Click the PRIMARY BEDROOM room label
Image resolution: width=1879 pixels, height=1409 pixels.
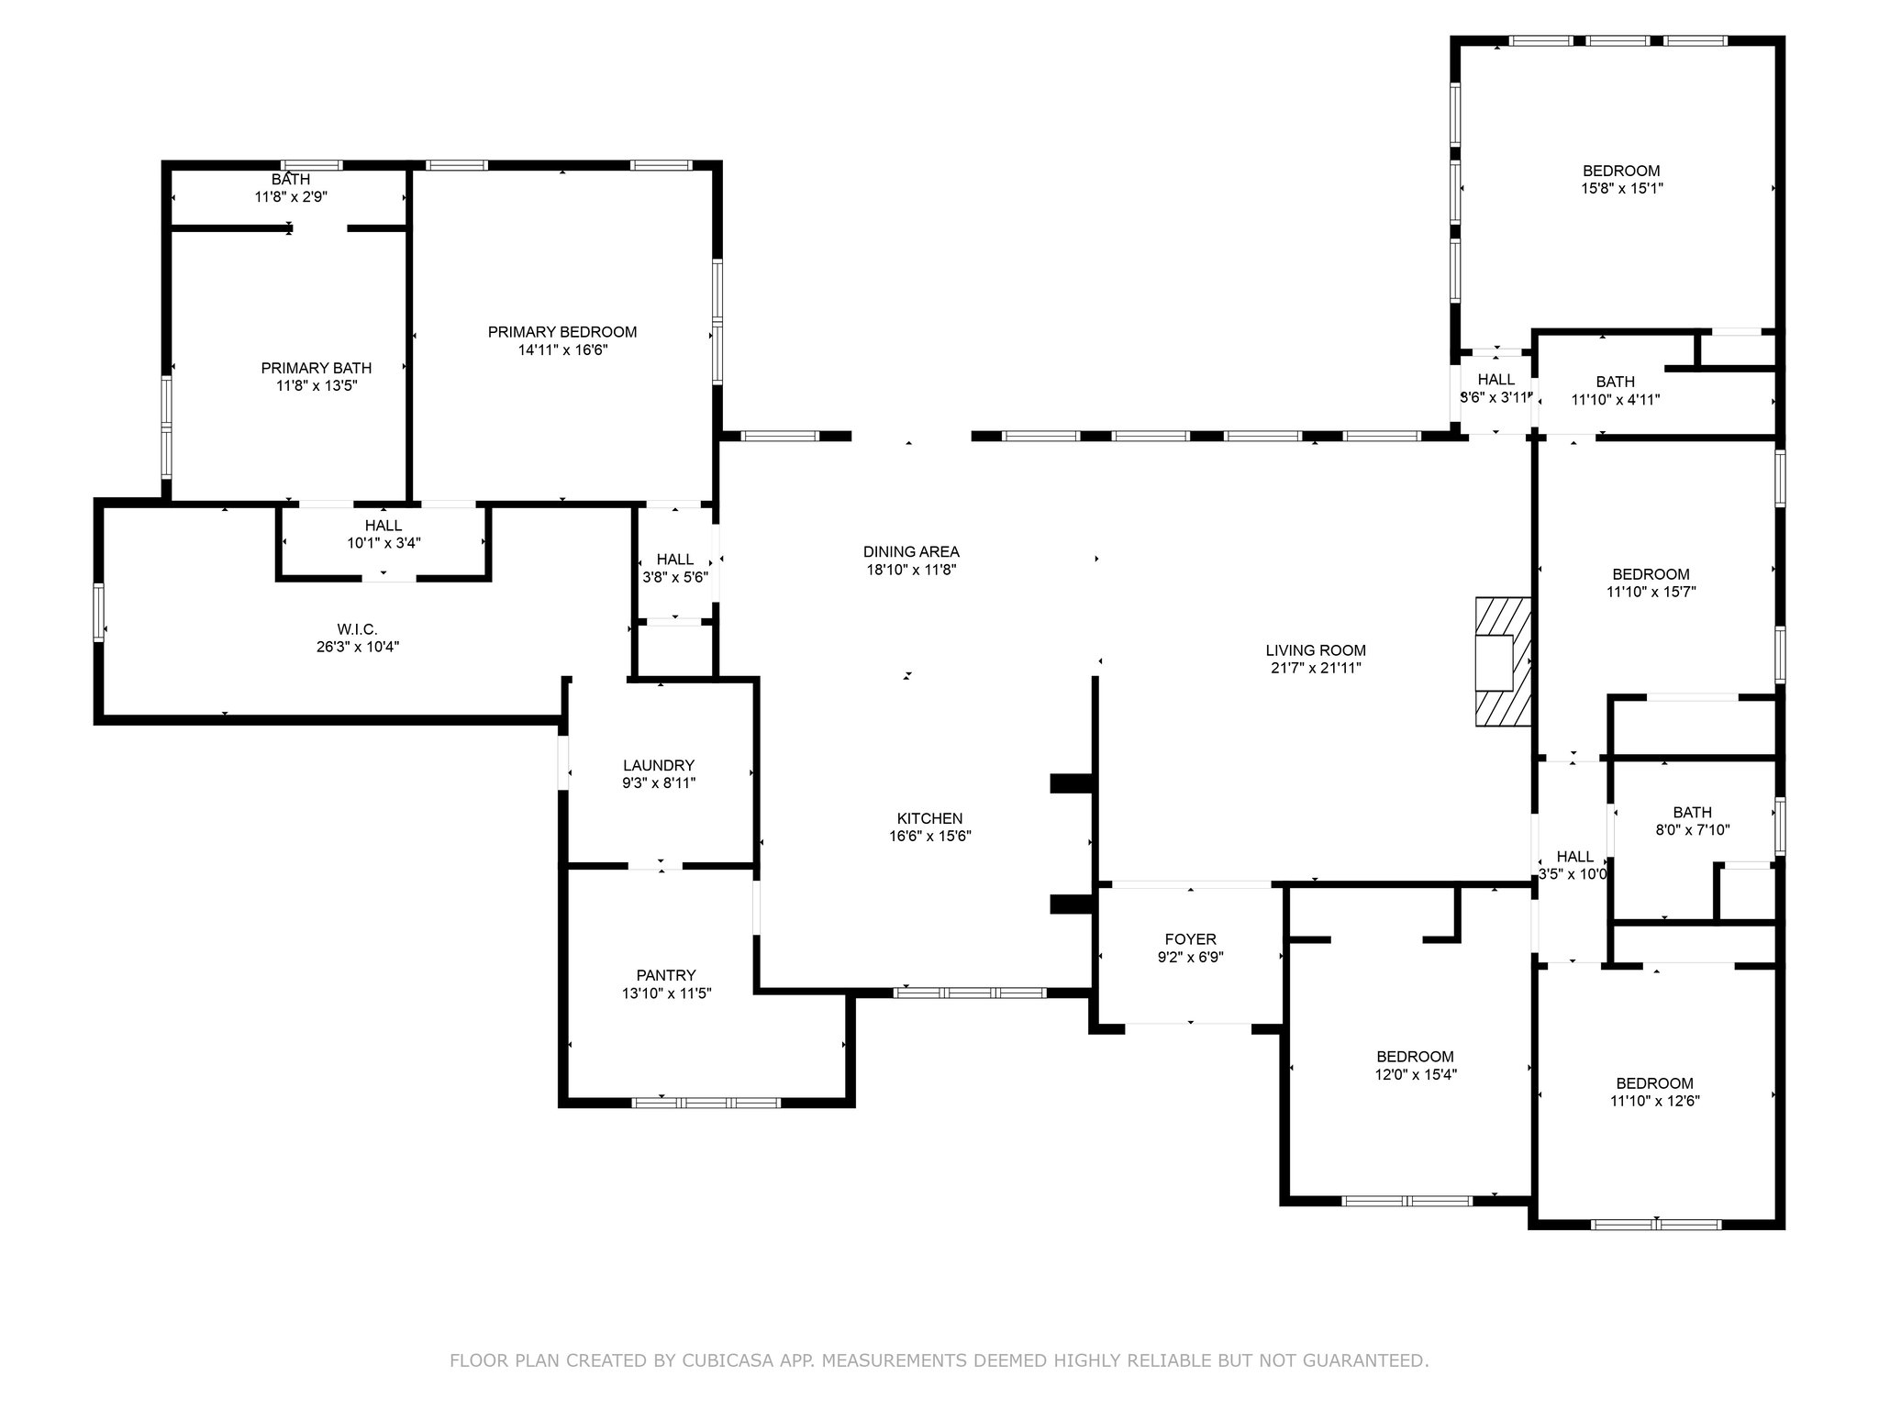(x=561, y=332)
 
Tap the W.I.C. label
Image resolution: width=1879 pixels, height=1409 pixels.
(x=357, y=629)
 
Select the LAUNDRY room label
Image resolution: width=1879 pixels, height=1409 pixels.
(x=659, y=765)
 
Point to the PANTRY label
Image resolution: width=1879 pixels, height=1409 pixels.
(x=666, y=975)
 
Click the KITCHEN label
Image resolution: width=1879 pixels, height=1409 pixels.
(x=929, y=818)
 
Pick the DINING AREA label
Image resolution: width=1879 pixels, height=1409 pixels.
(x=911, y=551)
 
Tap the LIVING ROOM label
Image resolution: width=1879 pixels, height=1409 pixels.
(x=1316, y=650)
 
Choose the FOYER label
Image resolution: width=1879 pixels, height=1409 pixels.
(x=1191, y=939)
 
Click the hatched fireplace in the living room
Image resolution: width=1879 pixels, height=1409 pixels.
(x=1504, y=662)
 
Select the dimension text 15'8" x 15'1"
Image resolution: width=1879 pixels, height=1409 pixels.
(x=1621, y=188)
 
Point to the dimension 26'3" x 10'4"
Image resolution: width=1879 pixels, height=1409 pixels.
(x=357, y=647)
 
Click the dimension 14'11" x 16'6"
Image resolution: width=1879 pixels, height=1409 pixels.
(x=562, y=349)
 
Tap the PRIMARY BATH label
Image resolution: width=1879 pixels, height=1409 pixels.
(x=317, y=368)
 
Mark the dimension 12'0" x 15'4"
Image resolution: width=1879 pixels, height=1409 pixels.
(x=1416, y=1074)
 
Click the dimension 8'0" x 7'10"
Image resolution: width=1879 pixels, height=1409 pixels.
(x=1692, y=830)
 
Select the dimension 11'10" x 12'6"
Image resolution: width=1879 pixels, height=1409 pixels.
(x=1655, y=1101)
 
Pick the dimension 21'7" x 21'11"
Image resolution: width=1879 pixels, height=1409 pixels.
(x=1316, y=668)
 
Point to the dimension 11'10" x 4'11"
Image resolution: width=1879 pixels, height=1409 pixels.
(x=1616, y=399)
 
